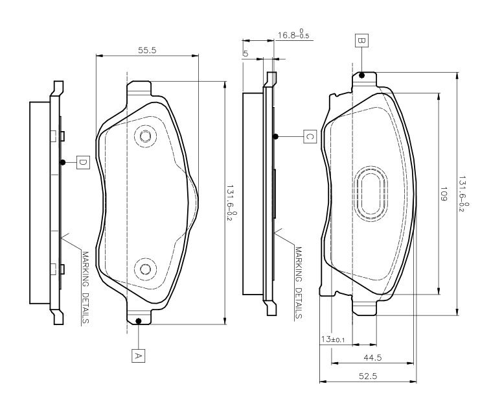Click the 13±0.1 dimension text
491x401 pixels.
pos(333,339)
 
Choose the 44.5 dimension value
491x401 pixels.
pos(372,358)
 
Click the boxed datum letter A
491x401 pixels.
pos(137,355)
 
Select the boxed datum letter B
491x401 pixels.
pos(361,40)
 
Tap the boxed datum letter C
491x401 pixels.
pos(310,136)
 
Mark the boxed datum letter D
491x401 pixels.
pos(83,162)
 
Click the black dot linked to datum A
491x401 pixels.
pos(139,321)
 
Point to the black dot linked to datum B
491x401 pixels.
pos(361,75)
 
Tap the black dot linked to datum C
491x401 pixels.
pos(276,136)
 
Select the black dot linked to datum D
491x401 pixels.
pos(62,162)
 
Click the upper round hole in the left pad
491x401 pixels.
pos(145,136)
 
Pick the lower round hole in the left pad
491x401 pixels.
pos(145,269)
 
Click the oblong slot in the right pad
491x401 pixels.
pos(372,194)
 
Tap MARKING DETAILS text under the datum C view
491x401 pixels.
pos(299,283)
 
